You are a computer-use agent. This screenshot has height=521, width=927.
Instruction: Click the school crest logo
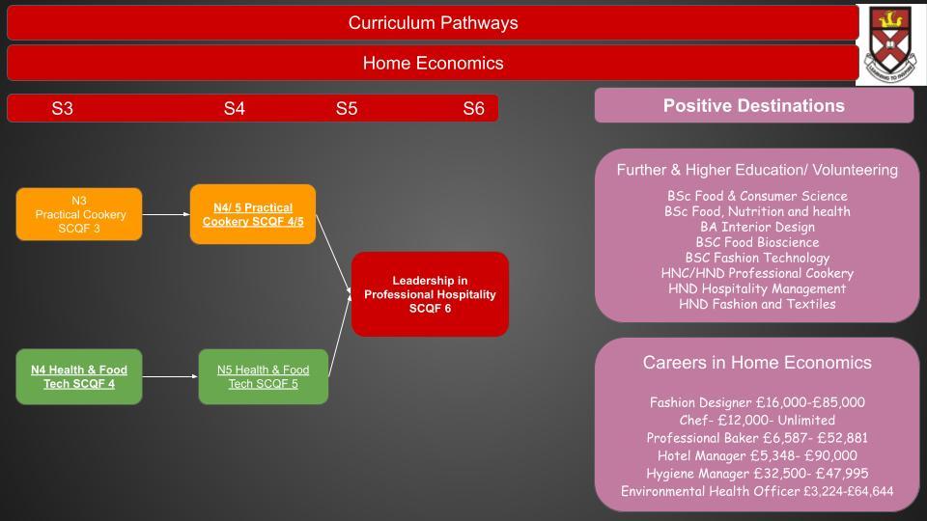[x=891, y=44]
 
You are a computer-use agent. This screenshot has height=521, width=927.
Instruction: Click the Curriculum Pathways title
[x=433, y=23]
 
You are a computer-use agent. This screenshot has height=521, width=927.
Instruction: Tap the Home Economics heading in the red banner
[x=433, y=64]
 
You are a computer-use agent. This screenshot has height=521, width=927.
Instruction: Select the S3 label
[x=62, y=109]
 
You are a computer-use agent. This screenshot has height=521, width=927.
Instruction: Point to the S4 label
[x=234, y=109]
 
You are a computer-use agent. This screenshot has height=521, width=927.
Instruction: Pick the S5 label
[x=347, y=109]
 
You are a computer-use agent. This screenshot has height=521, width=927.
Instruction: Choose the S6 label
[x=473, y=109]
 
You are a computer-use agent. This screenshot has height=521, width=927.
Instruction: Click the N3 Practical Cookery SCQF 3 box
[x=79, y=214]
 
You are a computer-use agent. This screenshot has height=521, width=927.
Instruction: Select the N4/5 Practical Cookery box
[x=253, y=214]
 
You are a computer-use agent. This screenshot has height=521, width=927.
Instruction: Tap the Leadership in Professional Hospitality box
[x=430, y=294]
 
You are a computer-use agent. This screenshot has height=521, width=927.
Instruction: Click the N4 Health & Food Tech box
[x=79, y=377]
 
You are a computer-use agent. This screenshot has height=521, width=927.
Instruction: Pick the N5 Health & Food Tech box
[x=263, y=377]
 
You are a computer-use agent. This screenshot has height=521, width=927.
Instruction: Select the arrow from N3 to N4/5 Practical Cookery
[x=166, y=214]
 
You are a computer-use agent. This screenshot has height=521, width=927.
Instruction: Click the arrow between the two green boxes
[x=170, y=376]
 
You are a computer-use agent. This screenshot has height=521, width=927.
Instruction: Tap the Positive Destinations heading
[x=754, y=106]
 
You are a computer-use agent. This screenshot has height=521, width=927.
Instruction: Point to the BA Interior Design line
[x=757, y=227]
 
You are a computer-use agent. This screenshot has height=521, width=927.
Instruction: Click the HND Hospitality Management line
[x=757, y=288]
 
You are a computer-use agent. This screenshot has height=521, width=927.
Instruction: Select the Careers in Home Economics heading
[x=757, y=362]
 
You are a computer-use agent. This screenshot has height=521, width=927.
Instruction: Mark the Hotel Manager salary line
[x=757, y=455]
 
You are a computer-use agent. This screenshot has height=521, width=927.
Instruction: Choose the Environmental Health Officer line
[x=757, y=491]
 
